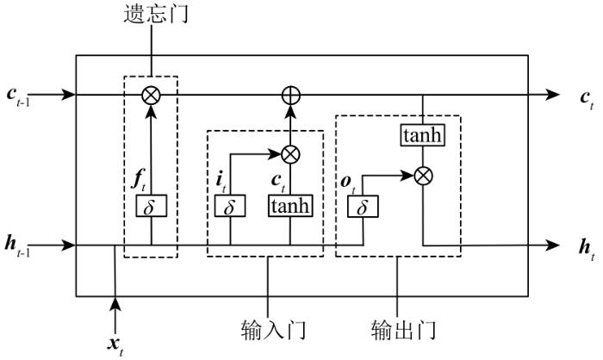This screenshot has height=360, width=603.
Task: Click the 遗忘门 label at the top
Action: click(156, 15)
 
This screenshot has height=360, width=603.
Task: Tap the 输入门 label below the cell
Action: click(274, 330)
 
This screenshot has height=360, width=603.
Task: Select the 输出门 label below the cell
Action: click(404, 330)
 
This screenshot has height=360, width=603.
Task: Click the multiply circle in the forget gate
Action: click(151, 95)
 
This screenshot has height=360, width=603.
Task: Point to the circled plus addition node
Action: click(291, 95)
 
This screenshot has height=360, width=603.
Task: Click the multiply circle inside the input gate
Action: click(291, 154)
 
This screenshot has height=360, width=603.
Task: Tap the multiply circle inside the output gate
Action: click(424, 177)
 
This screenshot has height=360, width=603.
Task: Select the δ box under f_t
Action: click(151, 206)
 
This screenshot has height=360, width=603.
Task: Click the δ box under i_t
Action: click(230, 206)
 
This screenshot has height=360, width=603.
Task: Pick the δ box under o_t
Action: click(363, 207)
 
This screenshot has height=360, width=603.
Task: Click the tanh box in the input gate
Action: click(290, 206)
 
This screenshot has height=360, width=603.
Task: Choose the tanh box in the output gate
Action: click(423, 135)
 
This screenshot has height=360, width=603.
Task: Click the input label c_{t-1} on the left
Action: click(18, 96)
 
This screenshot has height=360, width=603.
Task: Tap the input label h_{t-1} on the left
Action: click(17, 246)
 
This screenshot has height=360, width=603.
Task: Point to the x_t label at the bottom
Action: click(115, 345)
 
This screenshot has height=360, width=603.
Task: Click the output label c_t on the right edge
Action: click(587, 100)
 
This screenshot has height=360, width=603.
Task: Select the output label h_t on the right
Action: click(587, 250)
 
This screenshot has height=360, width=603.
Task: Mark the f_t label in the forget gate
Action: click(139, 180)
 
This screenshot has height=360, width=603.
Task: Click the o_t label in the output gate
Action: click(348, 184)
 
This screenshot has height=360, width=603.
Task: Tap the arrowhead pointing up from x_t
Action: click(115, 304)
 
